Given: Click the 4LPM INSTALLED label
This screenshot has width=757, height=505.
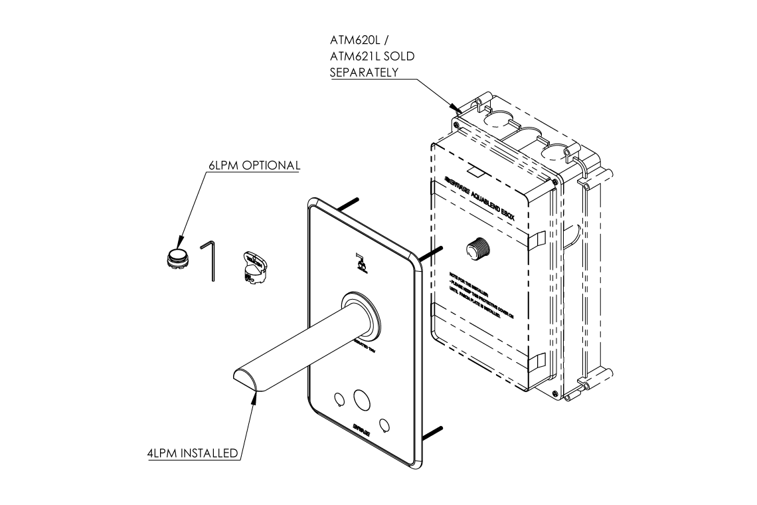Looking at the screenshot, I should [193, 454].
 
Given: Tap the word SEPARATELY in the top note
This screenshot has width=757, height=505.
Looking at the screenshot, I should [364, 72].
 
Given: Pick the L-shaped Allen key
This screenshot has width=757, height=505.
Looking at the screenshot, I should [210, 260].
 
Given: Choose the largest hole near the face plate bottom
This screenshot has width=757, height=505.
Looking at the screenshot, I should [363, 399].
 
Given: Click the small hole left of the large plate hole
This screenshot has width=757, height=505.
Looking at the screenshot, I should [339, 399].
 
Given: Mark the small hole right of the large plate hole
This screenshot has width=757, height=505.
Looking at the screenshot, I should [384, 423].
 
